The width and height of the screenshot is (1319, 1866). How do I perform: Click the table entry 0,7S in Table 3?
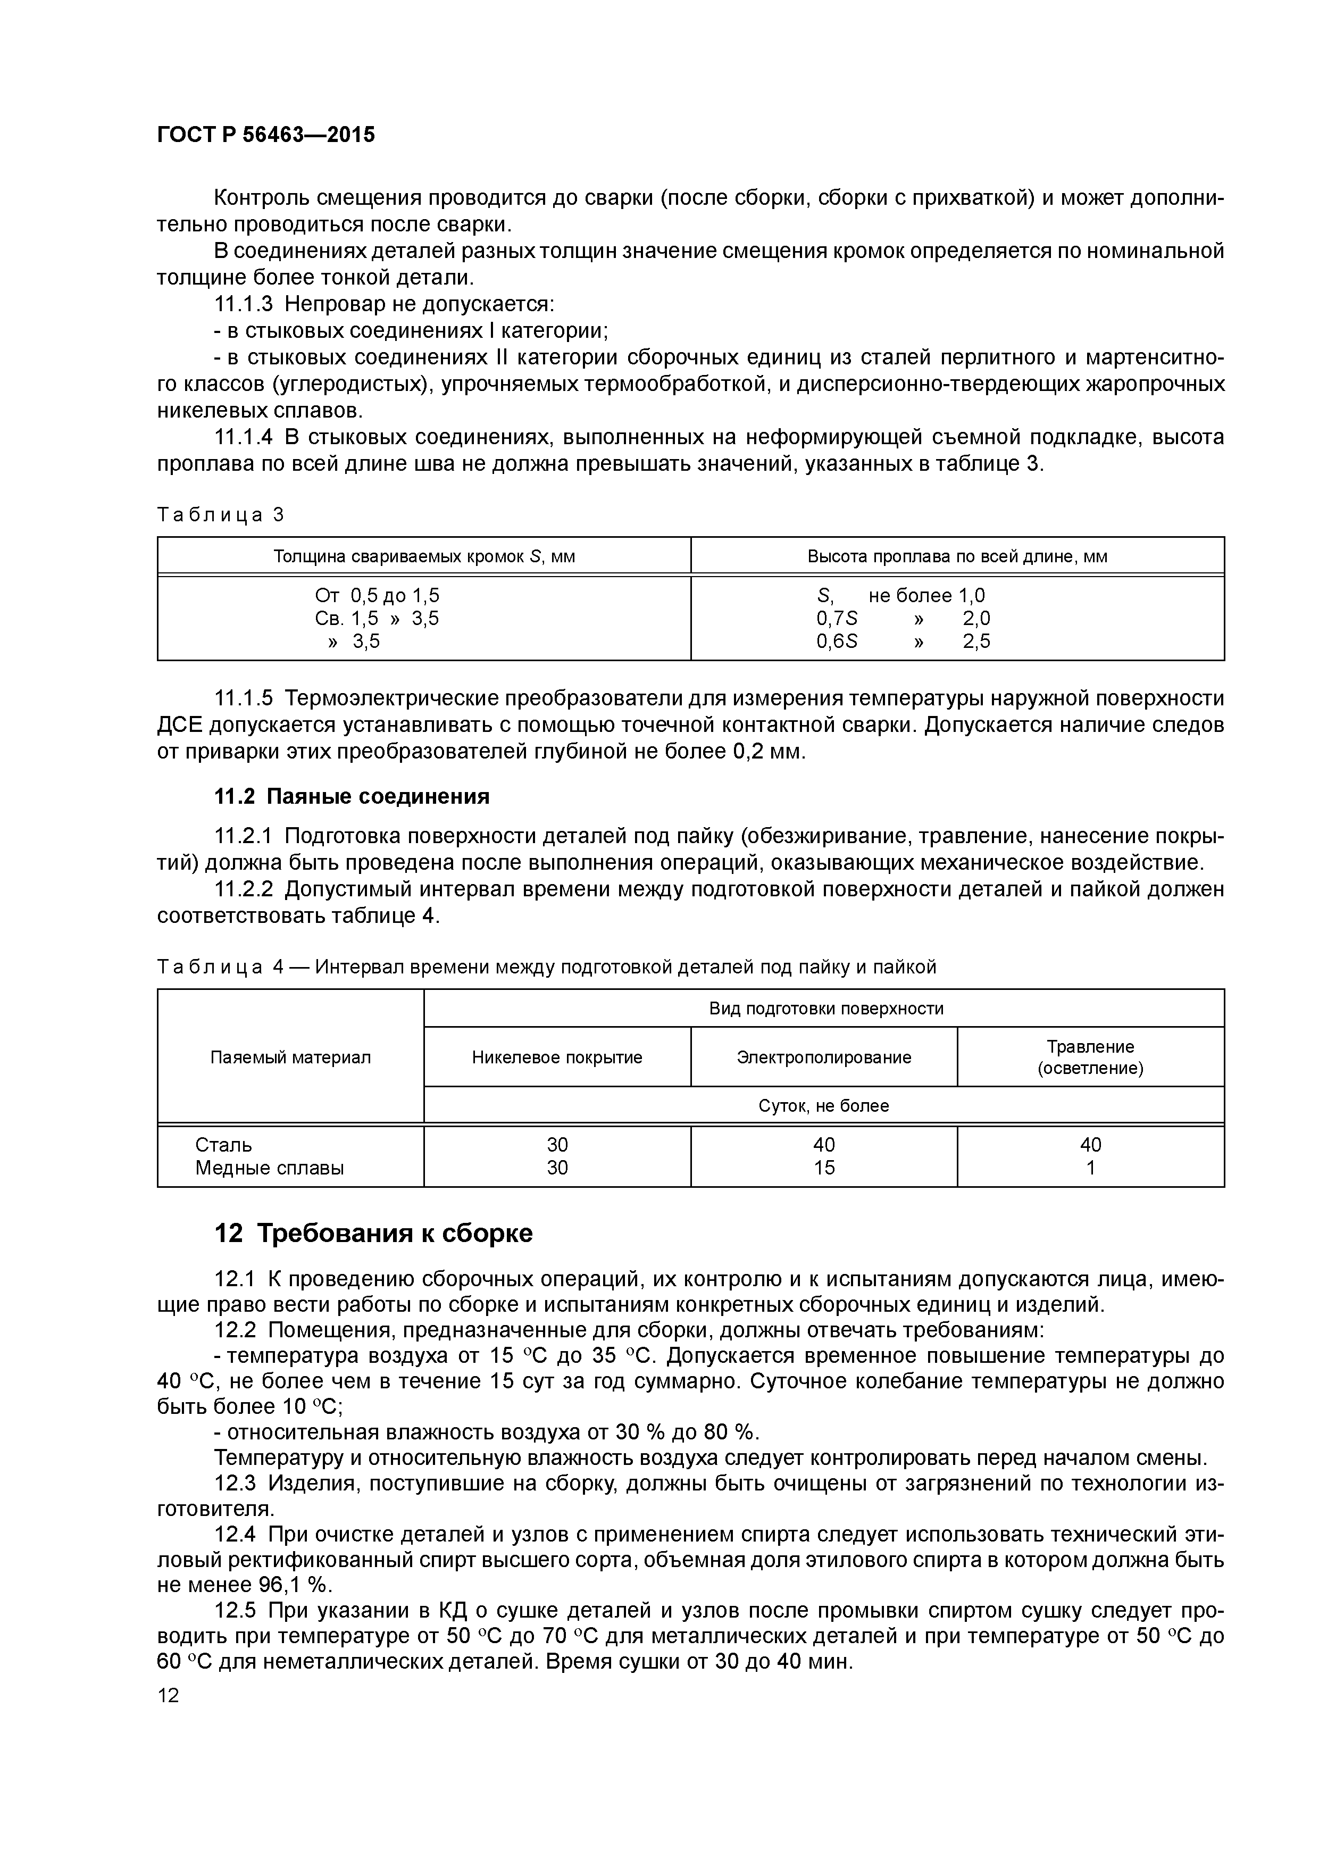pyautogui.click(x=836, y=619)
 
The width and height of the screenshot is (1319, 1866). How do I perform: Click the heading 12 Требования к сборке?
pyautogui.click(x=373, y=1233)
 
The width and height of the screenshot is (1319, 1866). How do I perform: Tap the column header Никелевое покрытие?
pyautogui.click(x=557, y=1057)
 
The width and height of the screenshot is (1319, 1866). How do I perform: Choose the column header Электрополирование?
pyautogui.click(x=823, y=1057)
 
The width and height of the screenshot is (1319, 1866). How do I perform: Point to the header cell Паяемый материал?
pyautogui.click(x=290, y=1057)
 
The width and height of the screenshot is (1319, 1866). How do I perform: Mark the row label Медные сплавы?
pyautogui.click(x=269, y=1168)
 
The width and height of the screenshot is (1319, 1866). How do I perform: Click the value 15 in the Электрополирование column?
pyautogui.click(x=823, y=1168)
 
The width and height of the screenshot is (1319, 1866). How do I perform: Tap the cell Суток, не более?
pyautogui.click(x=823, y=1106)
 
